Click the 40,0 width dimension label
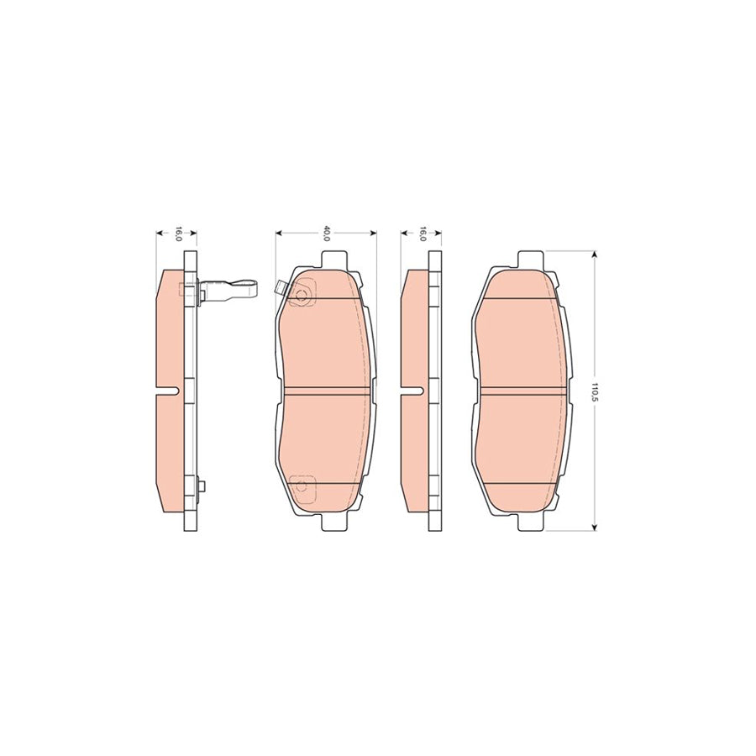pos(327,234)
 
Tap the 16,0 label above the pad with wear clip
pos(177,234)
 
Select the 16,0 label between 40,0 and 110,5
pos(422,234)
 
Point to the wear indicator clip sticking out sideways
pos(230,291)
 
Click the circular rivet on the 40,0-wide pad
pos(302,295)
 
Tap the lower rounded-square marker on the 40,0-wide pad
pos(300,485)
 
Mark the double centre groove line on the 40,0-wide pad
pos(326,391)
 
